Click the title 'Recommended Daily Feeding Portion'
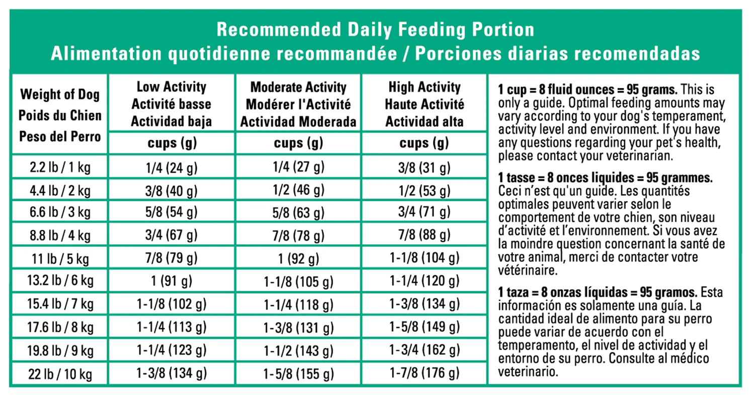pyautogui.click(x=375, y=30)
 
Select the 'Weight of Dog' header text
pyautogui.click(x=60, y=95)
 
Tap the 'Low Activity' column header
pyautogui.click(x=171, y=87)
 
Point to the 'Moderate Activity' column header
pyautogui.click(x=298, y=88)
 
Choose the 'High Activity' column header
pyautogui.click(x=425, y=88)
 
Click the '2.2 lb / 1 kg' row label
pyautogui.click(x=60, y=167)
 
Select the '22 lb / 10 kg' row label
pyautogui.click(x=60, y=374)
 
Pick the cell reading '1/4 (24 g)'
pyautogui.click(x=171, y=168)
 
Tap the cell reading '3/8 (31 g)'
pyautogui.click(x=425, y=168)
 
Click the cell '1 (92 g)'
pyautogui.click(x=298, y=259)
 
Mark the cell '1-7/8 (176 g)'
pyautogui.click(x=425, y=373)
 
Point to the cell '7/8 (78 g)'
pyautogui.click(x=298, y=236)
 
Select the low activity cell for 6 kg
pyautogui.click(x=171, y=281)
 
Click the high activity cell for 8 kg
pyautogui.click(x=425, y=327)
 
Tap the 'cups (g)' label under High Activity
pyautogui.click(x=424, y=143)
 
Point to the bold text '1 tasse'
pyautogui.click(x=516, y=178)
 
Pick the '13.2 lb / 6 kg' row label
pyautogui.click(x=60, y=280)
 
